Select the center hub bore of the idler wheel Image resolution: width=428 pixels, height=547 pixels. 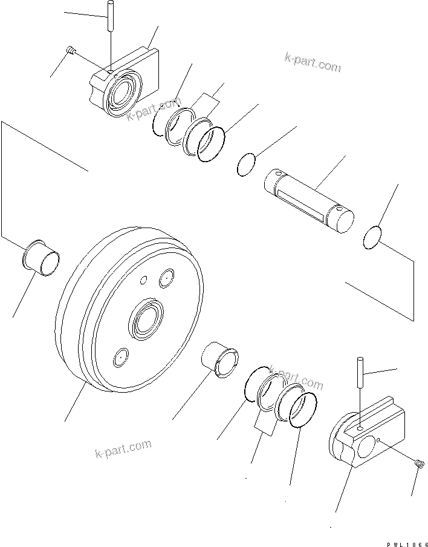144,318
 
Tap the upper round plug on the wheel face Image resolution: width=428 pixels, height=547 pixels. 166,280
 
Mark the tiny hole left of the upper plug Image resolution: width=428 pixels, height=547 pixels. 143,280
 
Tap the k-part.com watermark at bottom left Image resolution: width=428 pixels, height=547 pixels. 123,449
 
